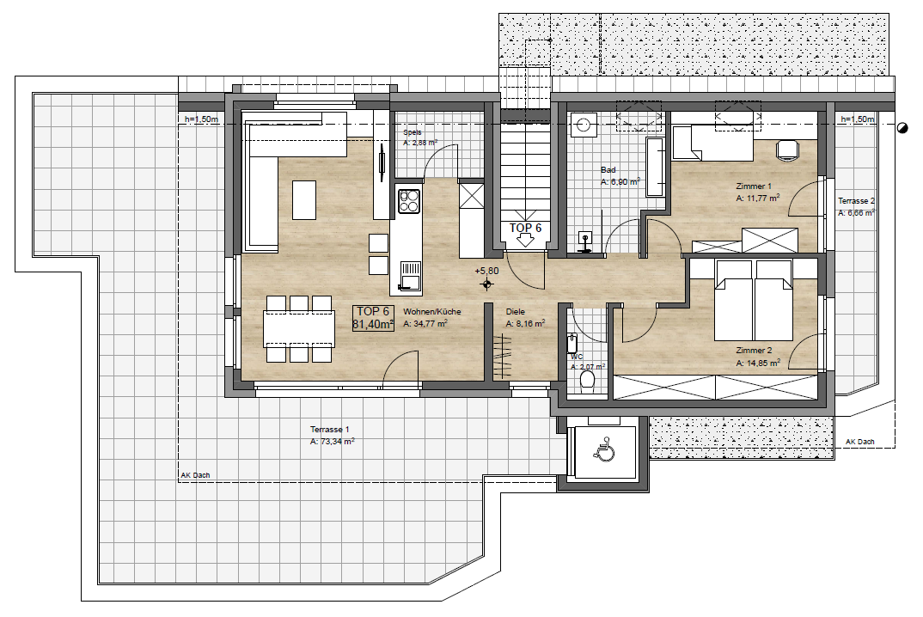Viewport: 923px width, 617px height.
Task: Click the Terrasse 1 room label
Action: (330, 429)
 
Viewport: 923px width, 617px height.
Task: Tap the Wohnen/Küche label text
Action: (432, 311)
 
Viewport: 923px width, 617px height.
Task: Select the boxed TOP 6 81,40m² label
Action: (373, 318)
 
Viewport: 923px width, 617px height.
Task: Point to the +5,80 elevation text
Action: (486, 272)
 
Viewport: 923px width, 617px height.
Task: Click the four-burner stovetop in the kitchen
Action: (409, 201)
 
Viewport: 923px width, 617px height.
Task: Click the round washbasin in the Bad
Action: (584, 125)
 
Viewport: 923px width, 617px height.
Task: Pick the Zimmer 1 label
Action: (754, 186)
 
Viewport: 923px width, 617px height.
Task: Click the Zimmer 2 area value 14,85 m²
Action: (758, 363)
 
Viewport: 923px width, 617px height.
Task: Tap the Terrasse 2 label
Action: (857, 201)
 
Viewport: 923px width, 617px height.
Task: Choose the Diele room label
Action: (515, 311)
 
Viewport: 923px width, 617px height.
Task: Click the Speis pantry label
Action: (412, 132)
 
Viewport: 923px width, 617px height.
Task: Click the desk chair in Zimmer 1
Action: (787, 149)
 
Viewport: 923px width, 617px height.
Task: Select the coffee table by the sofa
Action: (304, 200)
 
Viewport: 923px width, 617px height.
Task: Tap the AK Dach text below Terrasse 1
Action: (195, 475)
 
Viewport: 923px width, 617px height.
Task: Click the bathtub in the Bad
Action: (655, 168)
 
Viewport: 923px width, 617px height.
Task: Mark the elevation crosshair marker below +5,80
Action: (486, 285)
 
